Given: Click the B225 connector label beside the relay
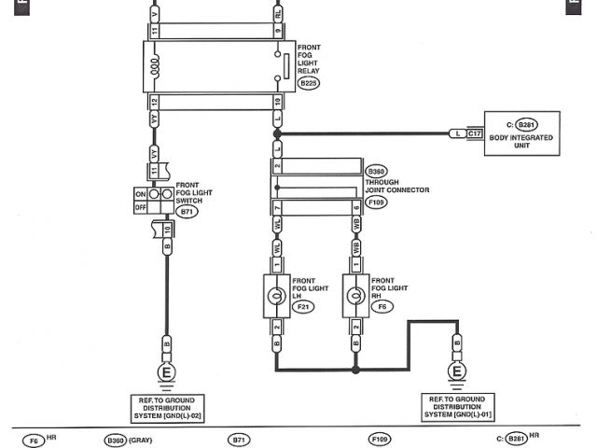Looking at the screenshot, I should point(309,83).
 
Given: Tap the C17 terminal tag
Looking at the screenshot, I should point(475,134).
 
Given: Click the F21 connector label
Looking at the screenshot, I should point(303,305).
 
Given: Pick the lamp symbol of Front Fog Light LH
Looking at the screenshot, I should point(276,296).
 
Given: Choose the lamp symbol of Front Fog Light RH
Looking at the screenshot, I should point(355,296).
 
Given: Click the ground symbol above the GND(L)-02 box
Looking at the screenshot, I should point(167,372).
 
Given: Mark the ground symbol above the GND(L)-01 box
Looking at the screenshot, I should point(457,372).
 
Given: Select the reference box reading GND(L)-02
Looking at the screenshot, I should point(166,406).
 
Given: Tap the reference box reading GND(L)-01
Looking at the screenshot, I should point(457,406).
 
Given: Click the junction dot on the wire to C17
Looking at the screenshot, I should point(277,134).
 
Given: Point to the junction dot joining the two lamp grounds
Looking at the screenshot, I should point(355,370).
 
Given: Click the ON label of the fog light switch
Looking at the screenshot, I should point(141,193).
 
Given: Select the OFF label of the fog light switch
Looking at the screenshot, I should point(141,207).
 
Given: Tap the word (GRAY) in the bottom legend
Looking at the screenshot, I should point(142,439).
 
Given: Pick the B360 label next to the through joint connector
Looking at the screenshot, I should point(377,172).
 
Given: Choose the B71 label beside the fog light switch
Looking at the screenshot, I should point(187,213).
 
